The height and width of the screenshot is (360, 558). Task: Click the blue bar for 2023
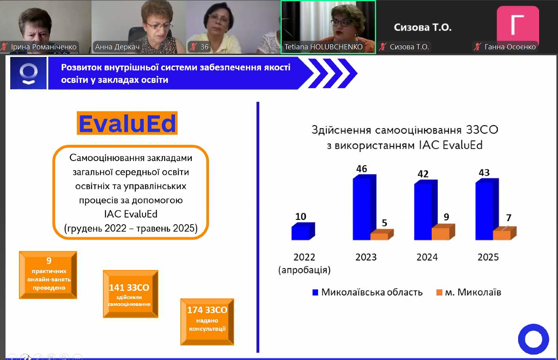pyautogui.click(x=364, y=207)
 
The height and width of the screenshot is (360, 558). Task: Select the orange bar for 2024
pyautogui.click(x=443, y=232)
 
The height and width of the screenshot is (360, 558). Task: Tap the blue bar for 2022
pyautogui.click(x=303, y=231)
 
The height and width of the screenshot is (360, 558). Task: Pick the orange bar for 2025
pyautogui.click(x=505, y=233)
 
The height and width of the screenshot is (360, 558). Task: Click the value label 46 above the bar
pyautogui.click(x=361, y=169)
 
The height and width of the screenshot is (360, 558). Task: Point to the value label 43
pyautogui.click(x=484, y=172)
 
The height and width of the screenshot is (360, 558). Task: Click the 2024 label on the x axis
pyautogui.click(x=427, y=257)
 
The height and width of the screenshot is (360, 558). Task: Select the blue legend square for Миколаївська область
pyautogui.click(x=315, y=292)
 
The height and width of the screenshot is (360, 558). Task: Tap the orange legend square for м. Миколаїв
pyautogui.click(x=439, y=292)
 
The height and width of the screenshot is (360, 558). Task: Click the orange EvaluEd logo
pyautogui.click(x=127, y=123)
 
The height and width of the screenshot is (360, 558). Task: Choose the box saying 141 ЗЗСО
pyautogui.click(x=131, y=294)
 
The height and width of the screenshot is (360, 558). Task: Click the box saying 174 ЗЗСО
pyautogui.click(x=207, y=322)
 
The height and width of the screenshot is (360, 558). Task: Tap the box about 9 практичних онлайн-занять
pyautogui.click(x=48, y=275)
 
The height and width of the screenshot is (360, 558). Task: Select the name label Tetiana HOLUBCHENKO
pyautogui.click(x=323, y=47)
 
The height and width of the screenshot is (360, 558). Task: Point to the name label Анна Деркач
pyautogui.click(x=117, y=47)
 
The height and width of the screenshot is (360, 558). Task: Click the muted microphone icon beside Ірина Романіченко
pyautogui.click(x=4, y=47)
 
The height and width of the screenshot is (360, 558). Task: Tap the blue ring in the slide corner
pyautogui.click(x=534, y=339)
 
